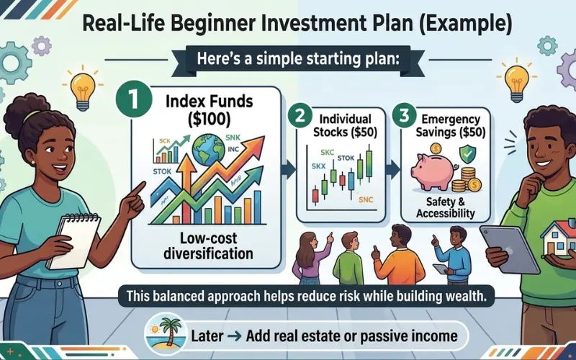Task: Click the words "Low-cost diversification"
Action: click(x=200, y=246)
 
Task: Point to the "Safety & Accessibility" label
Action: click(x=444, y=207)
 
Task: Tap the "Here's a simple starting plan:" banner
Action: click(x=288, y=59)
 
